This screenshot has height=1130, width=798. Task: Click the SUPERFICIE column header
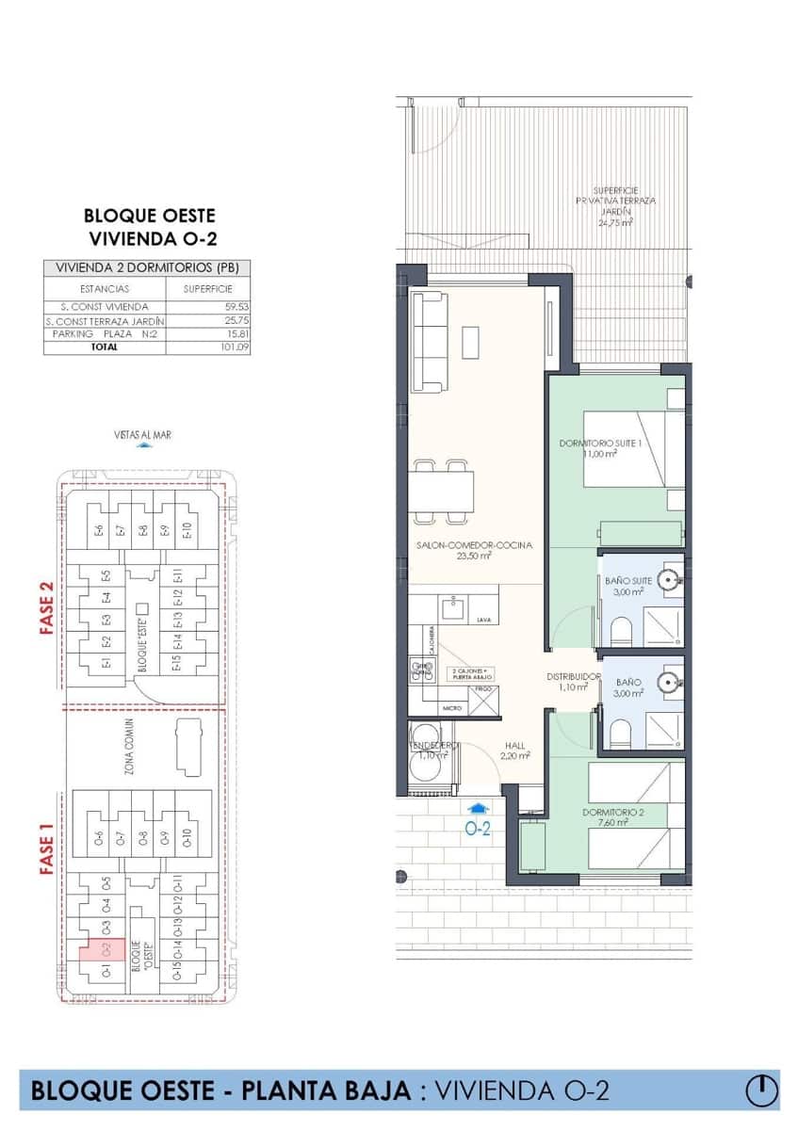(x=207, y=289)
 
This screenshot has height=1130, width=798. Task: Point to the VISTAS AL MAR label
(x=142, y=435)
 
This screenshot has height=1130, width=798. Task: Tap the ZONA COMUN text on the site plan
(x=128, y=747)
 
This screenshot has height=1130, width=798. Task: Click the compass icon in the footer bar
(x=761, y=1090)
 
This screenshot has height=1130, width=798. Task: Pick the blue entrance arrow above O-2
(x=479, y=807)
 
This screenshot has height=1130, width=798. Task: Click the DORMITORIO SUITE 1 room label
(x=600, y=443)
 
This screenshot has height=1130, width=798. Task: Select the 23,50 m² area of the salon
(x=474, y=556)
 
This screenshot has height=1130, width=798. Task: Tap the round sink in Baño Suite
(x=670, y=580)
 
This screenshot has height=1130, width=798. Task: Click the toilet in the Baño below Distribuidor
(x=619, y=733)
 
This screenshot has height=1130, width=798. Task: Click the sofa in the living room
(x=431, y=341)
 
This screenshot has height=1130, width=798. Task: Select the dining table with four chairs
(x=441, y=490)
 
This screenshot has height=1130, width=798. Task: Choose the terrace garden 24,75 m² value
(x=617, y=223)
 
